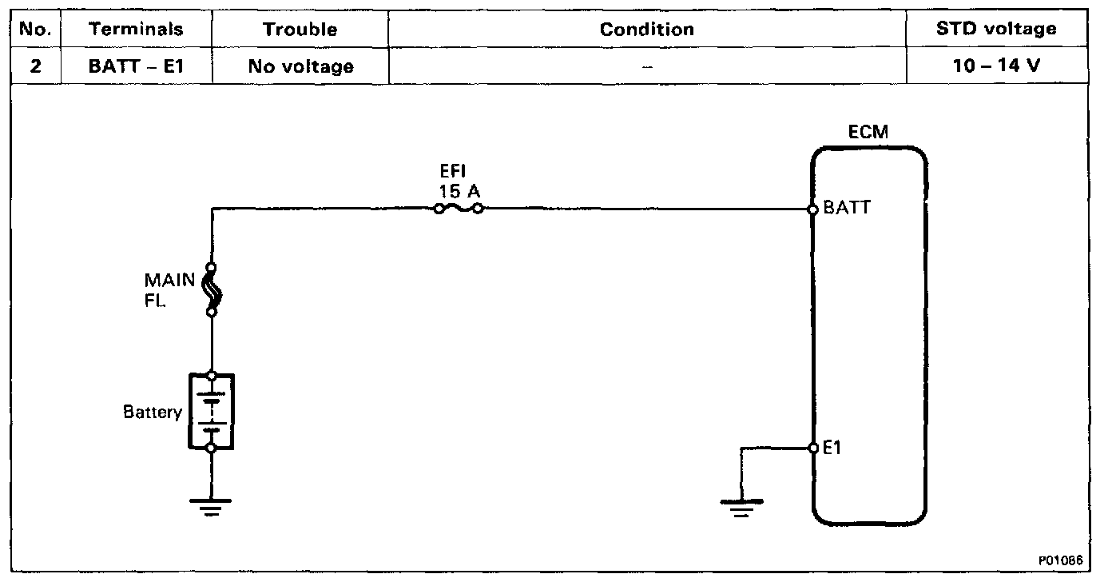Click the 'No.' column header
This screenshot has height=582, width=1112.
point(34,30)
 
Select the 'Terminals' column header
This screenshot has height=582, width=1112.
point(136,30)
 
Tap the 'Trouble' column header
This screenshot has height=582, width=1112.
point(300,30)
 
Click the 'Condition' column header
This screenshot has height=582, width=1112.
point(646,30)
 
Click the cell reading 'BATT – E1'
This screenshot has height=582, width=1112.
point(136,66)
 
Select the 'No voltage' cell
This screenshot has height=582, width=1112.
point(300,66)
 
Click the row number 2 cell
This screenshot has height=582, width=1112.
point(34,66)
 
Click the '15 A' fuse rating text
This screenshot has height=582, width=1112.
point(459,192)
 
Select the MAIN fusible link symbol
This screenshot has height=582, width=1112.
point(212,289)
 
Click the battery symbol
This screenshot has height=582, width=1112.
point(211,411)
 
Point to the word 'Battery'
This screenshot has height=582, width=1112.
point(153,413)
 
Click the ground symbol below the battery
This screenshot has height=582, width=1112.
point(211,506)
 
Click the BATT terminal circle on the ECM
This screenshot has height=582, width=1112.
point(812,209)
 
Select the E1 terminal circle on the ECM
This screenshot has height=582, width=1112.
point(812,448)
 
